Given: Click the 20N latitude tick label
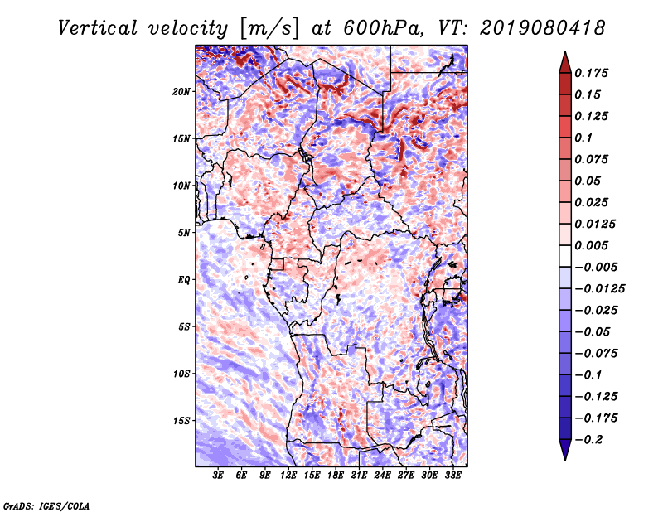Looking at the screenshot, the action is coord(181,91).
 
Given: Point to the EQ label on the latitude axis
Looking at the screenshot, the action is coord(184,280).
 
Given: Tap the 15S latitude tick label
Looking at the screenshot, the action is coord(181,421).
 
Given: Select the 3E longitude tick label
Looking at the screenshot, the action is coord(218,475).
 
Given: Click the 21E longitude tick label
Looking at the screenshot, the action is coord(359,475).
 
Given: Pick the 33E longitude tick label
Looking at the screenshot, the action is coord(452,475).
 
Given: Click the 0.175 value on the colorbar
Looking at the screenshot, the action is coord(591,73).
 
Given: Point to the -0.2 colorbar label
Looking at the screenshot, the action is coord(588,440).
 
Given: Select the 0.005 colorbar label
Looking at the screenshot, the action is coord(591,245).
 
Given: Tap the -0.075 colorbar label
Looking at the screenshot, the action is coord(596,354).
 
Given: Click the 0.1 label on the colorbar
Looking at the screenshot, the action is coord(583,138).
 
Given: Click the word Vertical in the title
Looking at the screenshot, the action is coord(98,28).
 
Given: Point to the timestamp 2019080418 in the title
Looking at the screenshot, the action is coord(543,28).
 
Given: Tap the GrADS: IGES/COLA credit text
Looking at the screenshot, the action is coord(46,505).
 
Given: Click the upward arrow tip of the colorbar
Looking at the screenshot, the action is coord(565,51).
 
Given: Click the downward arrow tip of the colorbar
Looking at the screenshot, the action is coord(565,461).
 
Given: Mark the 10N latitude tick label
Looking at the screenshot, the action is coord(181,186).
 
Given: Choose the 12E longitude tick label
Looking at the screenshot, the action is coord(288,475).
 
